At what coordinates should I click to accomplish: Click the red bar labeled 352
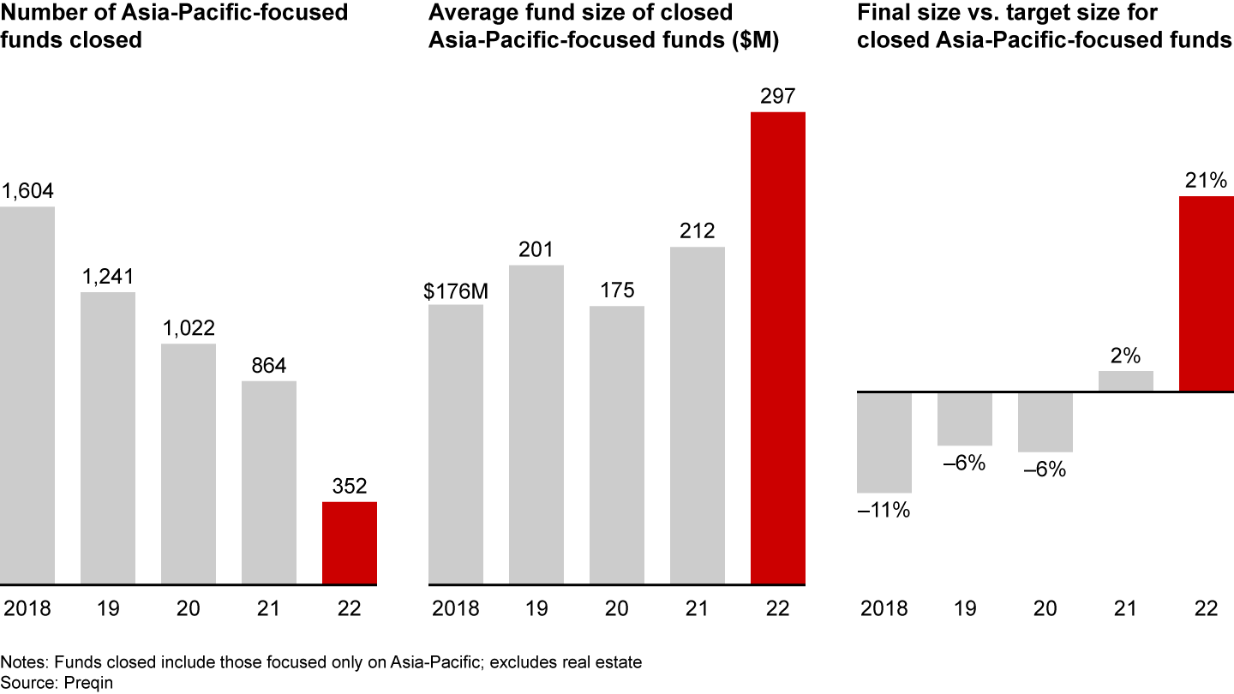pos(349,542)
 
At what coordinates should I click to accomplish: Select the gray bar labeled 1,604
pos(27,395)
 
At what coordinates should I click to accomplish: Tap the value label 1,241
pos(108,278)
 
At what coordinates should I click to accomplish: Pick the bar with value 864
pos(268,482)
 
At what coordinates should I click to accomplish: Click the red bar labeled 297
pos(777,348)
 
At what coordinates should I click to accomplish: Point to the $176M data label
pos(455,290)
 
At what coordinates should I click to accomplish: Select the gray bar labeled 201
pos(536,424)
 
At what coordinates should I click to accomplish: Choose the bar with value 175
pos(616,445)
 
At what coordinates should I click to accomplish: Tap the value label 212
pos(698,231)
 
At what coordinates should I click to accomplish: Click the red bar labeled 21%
pos(1207,294)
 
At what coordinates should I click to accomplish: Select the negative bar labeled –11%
pos(884,442)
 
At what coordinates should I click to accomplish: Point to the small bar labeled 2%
pos(1125,381)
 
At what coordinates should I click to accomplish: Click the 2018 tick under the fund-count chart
pos(27,608)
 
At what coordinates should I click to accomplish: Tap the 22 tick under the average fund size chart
pos(777,608)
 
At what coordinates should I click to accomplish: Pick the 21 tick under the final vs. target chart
pos(1125,608)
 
